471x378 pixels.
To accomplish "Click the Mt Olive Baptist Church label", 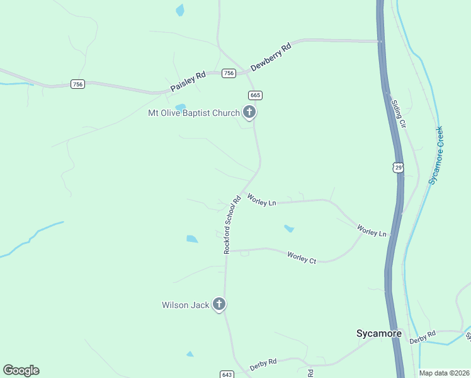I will coord(193,113).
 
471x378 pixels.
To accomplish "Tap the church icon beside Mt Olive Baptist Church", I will coord(249,113).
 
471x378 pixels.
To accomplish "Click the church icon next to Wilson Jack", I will coord(219,305).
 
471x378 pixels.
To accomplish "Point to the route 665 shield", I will coord(255,95).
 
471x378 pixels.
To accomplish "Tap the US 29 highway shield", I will coord(397,167).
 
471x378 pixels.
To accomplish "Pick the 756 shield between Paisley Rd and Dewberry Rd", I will coord(229,73).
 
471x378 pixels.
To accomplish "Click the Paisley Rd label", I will coord(188,83).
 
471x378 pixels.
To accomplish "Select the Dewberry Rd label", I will coord(271,57).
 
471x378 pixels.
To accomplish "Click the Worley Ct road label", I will coord(302,257).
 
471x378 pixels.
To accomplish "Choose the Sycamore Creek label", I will coord(436,155).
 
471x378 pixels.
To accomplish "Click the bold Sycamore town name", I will coord(378,333).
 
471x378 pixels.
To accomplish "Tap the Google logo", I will coord(21,370).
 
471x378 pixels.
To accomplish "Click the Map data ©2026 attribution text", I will coord(445,373).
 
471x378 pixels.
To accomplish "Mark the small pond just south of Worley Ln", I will coord(288,229).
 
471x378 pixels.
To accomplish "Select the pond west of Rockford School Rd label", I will coord(192,239).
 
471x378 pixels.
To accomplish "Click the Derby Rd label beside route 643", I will coord(263,365).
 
